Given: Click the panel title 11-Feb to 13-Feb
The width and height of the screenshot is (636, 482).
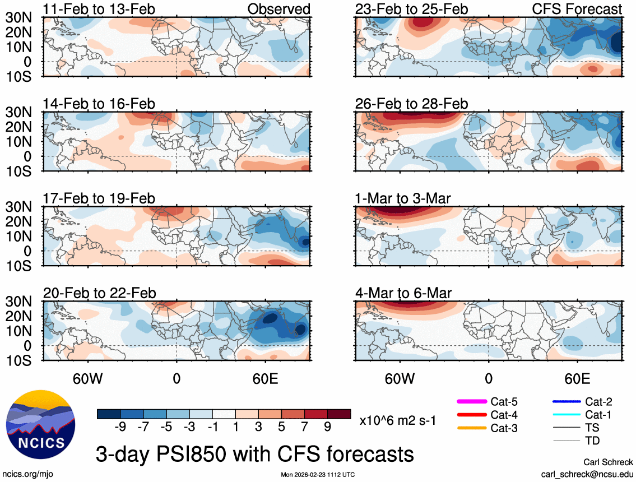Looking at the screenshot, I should pos(99,9).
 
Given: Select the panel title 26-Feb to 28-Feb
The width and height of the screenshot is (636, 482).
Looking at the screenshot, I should pos(411,104).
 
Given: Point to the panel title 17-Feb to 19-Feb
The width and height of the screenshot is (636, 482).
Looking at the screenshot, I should pos(99,198).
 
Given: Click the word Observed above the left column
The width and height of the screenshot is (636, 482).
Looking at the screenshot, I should pos(278,9).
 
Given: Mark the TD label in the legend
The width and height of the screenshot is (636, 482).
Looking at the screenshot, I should pos(592,441).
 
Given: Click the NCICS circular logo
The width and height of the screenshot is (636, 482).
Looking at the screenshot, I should pos(40,423).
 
